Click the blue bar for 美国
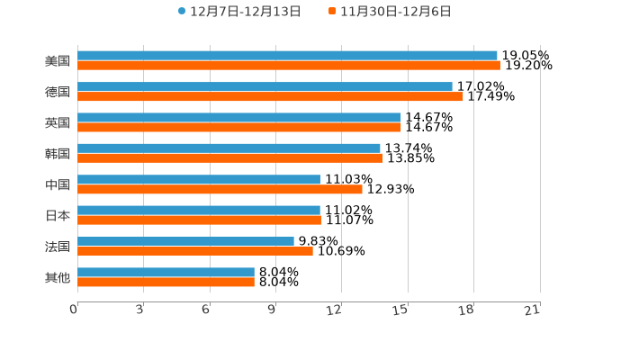[x=287, y=56]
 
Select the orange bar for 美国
[x=289, y=66]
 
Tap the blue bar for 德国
[x=265, y=86]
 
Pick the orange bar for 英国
[x=239, y=127]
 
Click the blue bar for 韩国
[x=229, y=148]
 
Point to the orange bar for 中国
[x=220, y=189]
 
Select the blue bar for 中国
[x=199, y=179]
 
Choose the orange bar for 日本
[x=199, y=220]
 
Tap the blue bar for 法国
[x=185, y=241]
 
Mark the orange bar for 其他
[x=166, y=282]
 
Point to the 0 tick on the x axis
[x=75, y=310]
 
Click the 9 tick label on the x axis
[x=272, y=310]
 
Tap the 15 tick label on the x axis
[x=401, y=310]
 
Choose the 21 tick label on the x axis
[x=533, y=310]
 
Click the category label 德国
[x=58, y=92]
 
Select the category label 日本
[x=58, y=215]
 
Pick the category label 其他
[x=58, y=277]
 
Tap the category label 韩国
[x=58, y=153]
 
